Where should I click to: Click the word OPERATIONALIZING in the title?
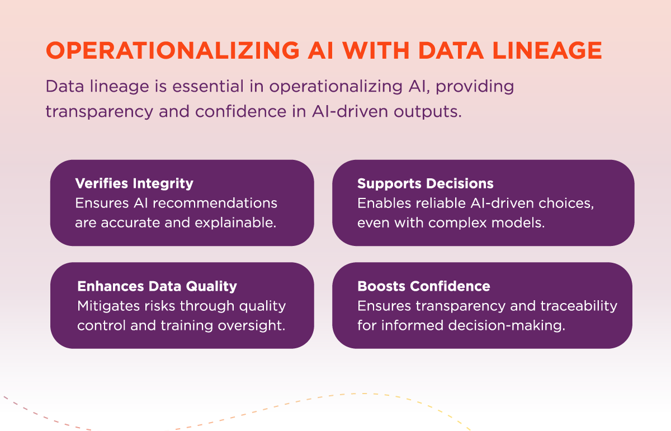click(x=173, y=50)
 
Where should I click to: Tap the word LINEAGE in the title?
click(x=547, y=50)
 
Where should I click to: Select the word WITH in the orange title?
click(x=376, y=50)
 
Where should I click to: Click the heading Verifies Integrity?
click(x=134, y=183)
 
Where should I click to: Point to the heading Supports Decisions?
click(x=426, y=183)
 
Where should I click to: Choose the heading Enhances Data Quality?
click(x=157, y=286)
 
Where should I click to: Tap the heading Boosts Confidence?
click(x=424, y=286)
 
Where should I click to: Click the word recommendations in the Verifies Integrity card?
click(x=215, y=203)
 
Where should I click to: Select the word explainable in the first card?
click(x=235, y=223)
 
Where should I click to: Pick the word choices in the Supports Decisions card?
click(x=566, y=203)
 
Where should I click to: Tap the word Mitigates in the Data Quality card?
click(x=108, y=306)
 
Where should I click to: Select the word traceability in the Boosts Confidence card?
click(x=579, y=306)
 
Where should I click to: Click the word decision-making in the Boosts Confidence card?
click(x=507, y=325)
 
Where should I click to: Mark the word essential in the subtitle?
click(x=208, y=87)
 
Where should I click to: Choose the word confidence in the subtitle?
click(x=241, y=111)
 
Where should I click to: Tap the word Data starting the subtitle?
click(x=65, y=87)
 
